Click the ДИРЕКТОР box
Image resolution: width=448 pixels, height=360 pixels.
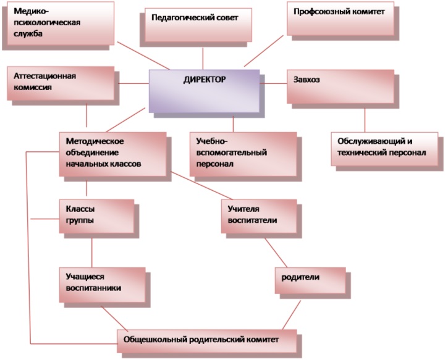tap(205, 90)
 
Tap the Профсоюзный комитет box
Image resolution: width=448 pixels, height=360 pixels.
tap(339, 19)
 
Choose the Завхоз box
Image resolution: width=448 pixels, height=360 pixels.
tap(339, 86)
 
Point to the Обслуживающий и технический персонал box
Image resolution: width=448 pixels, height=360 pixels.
tap(386, 148)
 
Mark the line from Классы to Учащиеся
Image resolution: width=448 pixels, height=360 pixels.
tap(91, 250)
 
